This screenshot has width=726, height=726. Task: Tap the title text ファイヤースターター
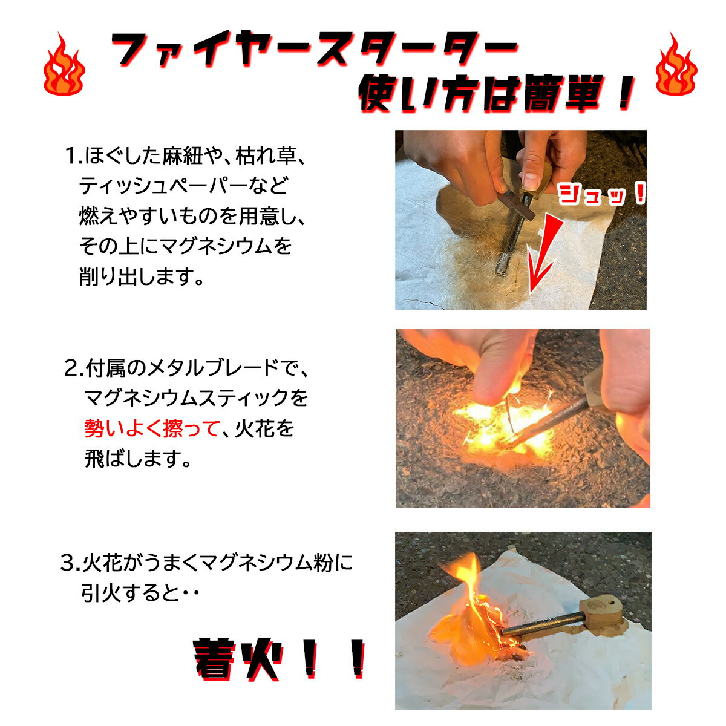pyautogui.click(x=314, y=49)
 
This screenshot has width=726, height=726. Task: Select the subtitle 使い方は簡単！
pyautogui.click(x=497, y=93)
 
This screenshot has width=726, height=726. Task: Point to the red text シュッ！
pyautogui.click(x=601, y=194)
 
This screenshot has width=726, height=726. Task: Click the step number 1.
pyautogui.click(x=73, y=156)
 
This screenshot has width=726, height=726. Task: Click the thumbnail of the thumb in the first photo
pyautogui.click(x=529, y=181)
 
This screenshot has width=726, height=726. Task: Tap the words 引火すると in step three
pyautogui.click(x=129, y=594)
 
